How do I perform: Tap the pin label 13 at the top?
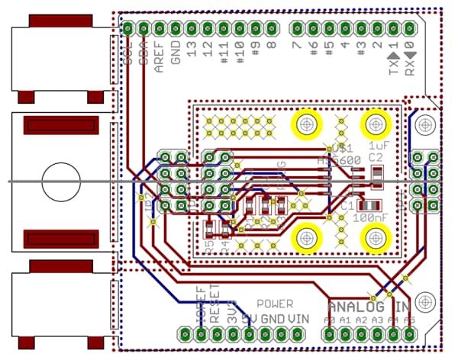click(x=192, y=50)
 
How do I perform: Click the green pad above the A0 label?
click(x=330, y=333)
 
